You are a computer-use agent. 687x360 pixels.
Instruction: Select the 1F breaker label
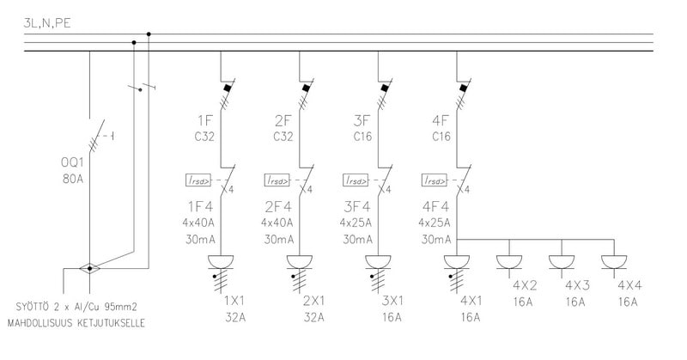pos(205,119)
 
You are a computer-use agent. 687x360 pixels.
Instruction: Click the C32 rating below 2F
pos(284,136)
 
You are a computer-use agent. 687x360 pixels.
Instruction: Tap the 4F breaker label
pos(441,119)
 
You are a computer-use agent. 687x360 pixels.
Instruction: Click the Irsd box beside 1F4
pos(196,180)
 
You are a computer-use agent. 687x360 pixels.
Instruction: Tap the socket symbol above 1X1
pos(221,262)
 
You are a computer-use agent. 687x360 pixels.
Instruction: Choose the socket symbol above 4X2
pos(510,261)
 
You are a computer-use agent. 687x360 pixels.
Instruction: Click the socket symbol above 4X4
pos(613,261)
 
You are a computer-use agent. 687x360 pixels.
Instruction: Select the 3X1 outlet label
pos(392,302)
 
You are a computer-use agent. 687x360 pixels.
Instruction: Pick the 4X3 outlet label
pos(576,285)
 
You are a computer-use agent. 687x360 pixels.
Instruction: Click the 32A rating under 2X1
pos(314,317)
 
